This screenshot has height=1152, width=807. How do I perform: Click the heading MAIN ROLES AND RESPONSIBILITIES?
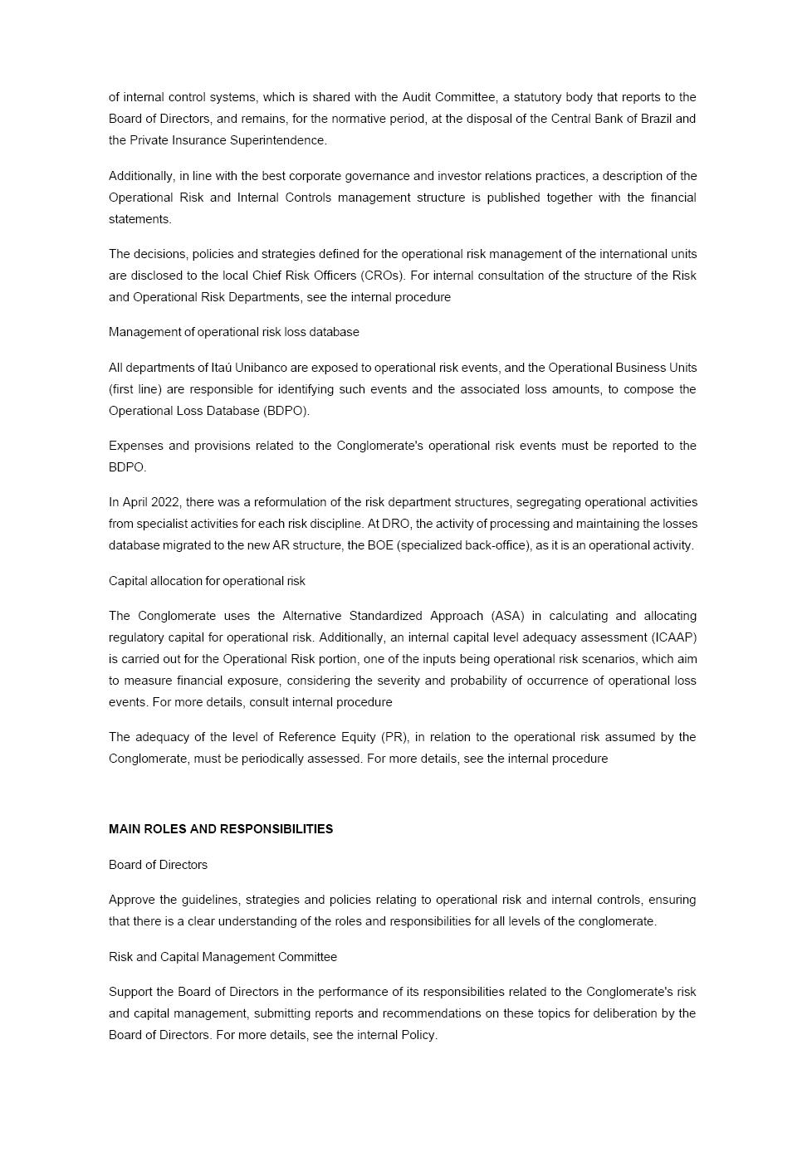[220, 829]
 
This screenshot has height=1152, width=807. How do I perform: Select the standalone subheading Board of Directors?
[158, 865]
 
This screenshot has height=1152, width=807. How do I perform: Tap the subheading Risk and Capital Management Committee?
[223, 957]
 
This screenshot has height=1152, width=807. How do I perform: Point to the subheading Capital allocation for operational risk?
[207, 581]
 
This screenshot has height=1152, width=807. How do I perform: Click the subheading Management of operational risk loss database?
[233, 332]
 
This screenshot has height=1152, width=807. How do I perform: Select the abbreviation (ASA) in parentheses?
[507, 616]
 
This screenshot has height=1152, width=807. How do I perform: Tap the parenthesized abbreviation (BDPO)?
[286, 411]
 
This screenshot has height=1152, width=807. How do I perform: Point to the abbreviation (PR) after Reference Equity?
[394, 737]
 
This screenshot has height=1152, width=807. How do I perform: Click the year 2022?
[165, 502]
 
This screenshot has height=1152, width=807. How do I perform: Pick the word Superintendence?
[278, 140]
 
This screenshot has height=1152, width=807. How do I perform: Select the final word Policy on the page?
[418, 1035]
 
